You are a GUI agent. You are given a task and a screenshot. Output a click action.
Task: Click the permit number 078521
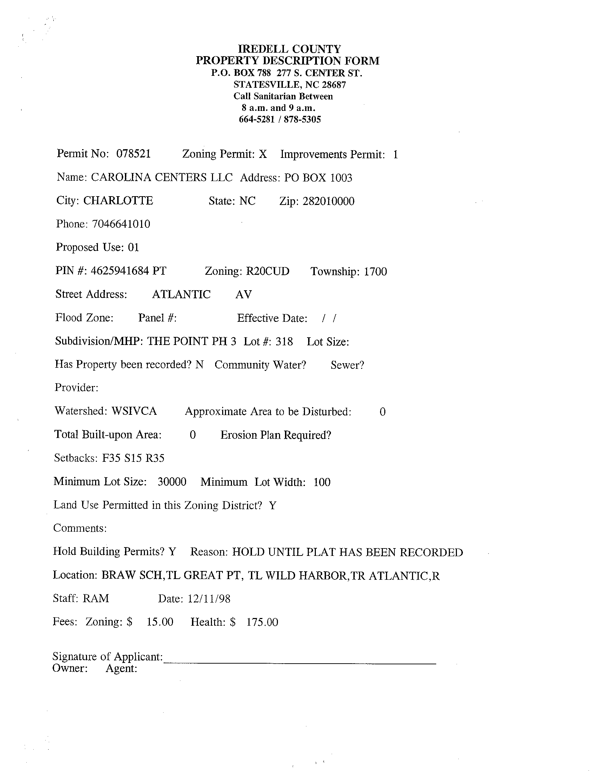point(133,154)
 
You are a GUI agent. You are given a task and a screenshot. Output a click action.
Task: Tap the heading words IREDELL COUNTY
point(289,49)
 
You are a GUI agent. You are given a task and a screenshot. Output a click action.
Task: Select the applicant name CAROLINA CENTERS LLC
point(162,177)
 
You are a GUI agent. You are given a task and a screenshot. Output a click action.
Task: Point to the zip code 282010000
point(328,201)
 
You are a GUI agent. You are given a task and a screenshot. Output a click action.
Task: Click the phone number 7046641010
point(121,224)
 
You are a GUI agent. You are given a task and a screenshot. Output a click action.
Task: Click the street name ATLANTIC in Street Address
point(181,294)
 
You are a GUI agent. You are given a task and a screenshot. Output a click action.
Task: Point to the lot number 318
point(285,341)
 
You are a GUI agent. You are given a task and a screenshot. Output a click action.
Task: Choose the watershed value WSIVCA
point(134,411)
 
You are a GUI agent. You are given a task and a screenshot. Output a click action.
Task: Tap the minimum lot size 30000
point(172,482)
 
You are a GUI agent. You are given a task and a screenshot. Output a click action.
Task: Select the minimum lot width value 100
point(322,482)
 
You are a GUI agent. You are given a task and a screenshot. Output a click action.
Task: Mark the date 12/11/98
point(209,599)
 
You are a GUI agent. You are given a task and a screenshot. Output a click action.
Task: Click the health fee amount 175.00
point(262,622)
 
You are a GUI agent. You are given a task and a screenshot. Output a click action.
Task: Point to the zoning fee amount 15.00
point(160,622)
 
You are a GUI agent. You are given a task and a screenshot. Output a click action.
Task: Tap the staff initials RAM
point(96,598)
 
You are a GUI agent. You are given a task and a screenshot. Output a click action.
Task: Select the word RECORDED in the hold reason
point(431,552)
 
